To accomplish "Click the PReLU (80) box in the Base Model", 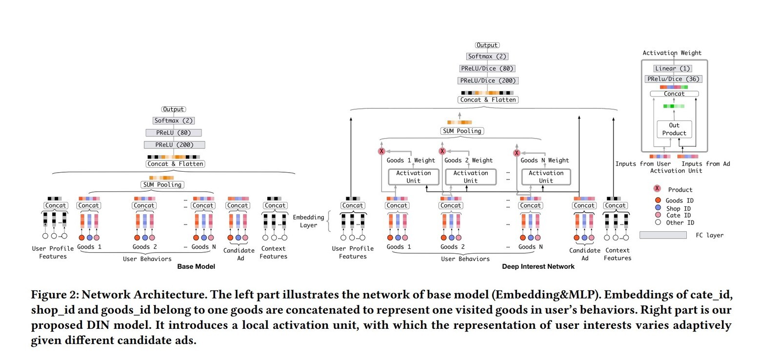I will (x=174, y=133).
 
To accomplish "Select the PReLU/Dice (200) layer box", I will (x=488, y=80).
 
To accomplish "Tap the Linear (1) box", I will (x=673, y=69).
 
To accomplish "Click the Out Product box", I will (x=674, y=129).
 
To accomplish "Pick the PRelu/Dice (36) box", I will (x=674, y=79).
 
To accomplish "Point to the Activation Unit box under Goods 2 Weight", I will (x=470, y=177).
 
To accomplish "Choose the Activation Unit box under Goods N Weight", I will (x=546, y=177).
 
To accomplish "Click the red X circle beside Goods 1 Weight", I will (x=381, y=151).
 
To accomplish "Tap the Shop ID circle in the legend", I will (x=657, y=208).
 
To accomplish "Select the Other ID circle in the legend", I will (x=657, y=222).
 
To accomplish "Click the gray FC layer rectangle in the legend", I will (x=663, y=235).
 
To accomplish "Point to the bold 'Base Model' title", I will (x=196, y=266).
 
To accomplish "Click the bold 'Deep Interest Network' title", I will (x=538, y=266).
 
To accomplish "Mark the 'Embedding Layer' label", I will (x=308, y=221).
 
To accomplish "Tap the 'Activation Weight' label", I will (x=672, y=53).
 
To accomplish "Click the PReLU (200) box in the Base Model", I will (x=174, y=145).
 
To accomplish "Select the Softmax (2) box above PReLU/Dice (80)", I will (x=488, y=57).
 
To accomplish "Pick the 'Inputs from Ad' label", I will (x=705, y=164).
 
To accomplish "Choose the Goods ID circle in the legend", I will (x=657, y=200).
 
